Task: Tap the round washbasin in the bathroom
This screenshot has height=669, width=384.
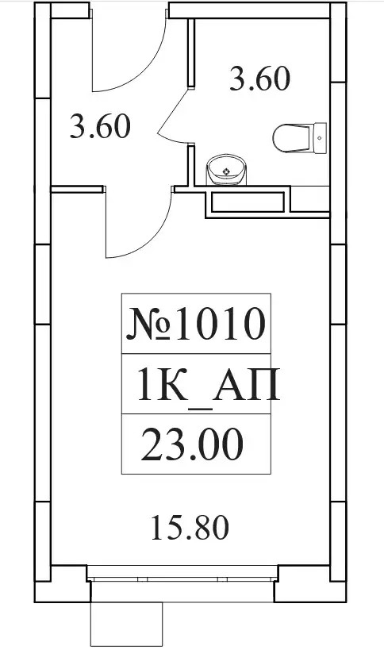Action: (226, 169)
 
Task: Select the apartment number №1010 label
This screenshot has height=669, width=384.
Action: (196, 325)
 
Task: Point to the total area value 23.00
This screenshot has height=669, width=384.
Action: (192, 444)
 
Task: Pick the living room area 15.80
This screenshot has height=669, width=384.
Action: (190, 528)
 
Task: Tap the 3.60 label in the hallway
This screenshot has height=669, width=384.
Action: (100, 126)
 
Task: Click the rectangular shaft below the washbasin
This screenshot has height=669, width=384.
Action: (248, 202)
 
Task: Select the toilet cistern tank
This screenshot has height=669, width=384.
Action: (321, 138)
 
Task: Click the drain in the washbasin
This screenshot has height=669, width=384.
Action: (225, 171)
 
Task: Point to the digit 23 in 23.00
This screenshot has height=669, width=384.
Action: (158, 444)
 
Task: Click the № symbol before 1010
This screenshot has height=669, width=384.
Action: (148, 325)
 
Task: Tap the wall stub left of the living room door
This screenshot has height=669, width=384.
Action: (78, 189)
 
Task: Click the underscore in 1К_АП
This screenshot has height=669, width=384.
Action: (200, 409)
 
